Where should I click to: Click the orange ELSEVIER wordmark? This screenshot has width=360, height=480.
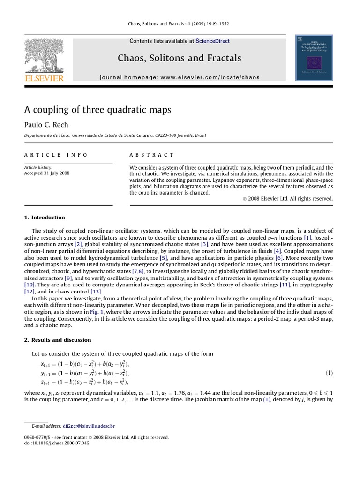44,78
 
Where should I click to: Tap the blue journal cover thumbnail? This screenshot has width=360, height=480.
314,57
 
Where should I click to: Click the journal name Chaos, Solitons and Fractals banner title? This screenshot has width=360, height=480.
180,58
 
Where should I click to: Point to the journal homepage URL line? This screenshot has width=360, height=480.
180,77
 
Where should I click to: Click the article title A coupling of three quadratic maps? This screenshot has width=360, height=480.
97,110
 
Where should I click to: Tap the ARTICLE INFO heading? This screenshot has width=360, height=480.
56,155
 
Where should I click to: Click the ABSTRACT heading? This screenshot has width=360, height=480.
151,155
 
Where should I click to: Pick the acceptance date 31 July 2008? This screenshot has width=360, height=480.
47,173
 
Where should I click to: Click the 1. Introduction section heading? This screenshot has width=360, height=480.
45,217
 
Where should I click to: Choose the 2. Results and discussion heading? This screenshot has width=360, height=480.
58,340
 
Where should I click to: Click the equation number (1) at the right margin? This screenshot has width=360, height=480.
329,373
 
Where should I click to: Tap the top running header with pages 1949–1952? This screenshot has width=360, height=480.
180,24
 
